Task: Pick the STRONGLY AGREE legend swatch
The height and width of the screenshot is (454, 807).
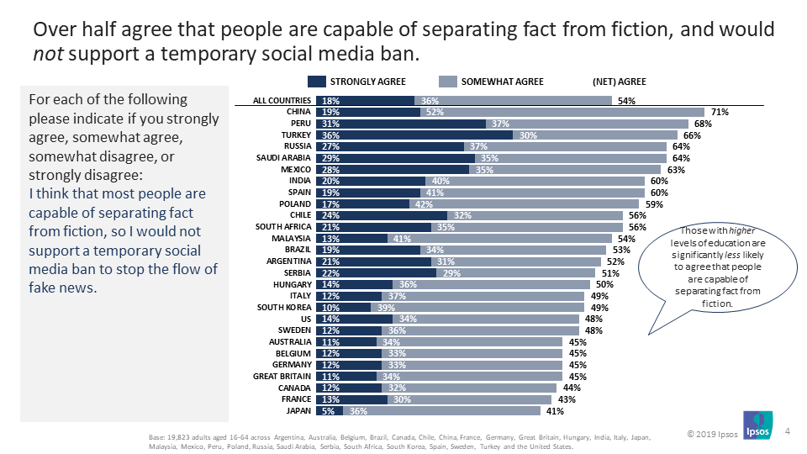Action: pyautogui.click(x=316, y=82)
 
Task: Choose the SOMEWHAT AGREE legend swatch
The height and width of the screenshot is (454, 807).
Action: pyautogui.click(x=447, y=82)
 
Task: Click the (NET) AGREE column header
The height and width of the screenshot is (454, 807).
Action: pyautogui.click(x=620, y=82)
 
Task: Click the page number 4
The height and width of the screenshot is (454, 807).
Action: pyautogui.click(x=787, y=431)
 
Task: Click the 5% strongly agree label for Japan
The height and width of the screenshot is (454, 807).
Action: pyautogui.click(x=327, y=411)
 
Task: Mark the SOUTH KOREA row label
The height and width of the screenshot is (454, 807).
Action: pyautogui.click(x=284, y=308)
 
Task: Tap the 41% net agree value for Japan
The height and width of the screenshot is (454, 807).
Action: pyautogui.click(x=555, y=411)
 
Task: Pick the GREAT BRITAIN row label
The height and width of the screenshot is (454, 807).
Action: pyautogui.click(x=283, y=377)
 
